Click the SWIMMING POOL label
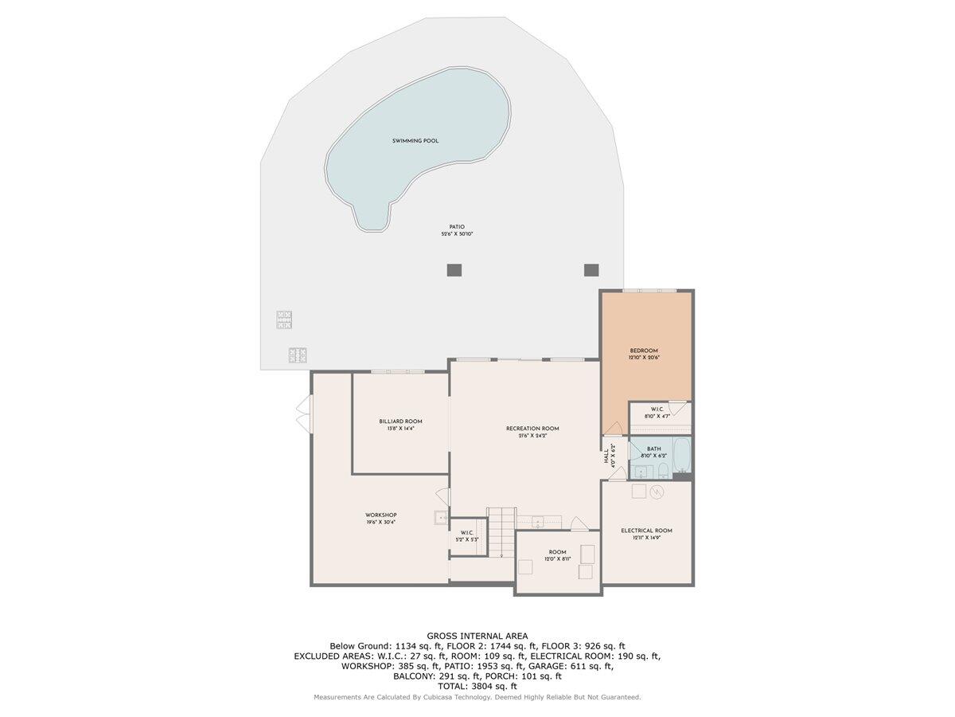pos(415,141)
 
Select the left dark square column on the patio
pos(454,270)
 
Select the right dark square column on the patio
pos(591,270)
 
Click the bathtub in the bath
pos(682,453)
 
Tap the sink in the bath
pos(641,471)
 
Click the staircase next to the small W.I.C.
pos(501,531)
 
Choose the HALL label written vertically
pos(608,455)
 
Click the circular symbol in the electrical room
pos(657,492)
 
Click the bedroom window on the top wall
pos(649,292)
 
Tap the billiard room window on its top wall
pos(398,371)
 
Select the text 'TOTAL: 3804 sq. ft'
pos(477,686)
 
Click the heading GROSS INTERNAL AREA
pos(477,636)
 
